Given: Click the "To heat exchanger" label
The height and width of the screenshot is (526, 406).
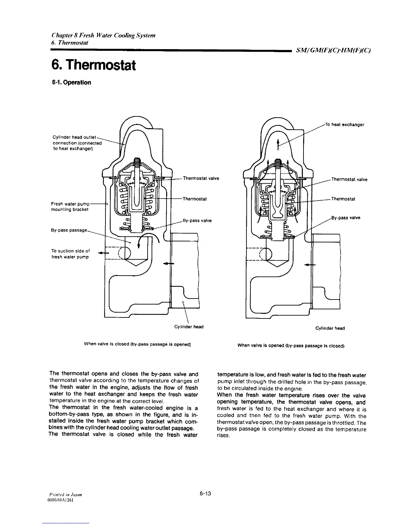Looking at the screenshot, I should pos(345,125).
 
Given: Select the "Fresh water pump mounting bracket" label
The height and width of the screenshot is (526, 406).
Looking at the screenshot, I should pos(70,207).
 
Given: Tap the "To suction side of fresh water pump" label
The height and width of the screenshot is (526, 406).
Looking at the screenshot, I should pos(70,254).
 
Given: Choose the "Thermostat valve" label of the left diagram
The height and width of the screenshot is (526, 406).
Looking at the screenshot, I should pos(201,178).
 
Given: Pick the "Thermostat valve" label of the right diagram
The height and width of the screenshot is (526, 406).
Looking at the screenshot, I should pos(350,180).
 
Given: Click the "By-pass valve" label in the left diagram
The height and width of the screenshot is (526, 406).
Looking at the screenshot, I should pos(197,220).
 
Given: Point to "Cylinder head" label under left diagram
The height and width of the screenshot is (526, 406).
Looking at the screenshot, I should pos(189,327).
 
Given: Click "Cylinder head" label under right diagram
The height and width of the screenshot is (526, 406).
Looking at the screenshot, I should pos(330,328).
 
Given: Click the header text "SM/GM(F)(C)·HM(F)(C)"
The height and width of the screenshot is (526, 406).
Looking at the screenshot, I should pos(333,51).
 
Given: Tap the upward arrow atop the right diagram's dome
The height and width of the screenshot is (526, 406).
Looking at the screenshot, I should pos(278,144).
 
